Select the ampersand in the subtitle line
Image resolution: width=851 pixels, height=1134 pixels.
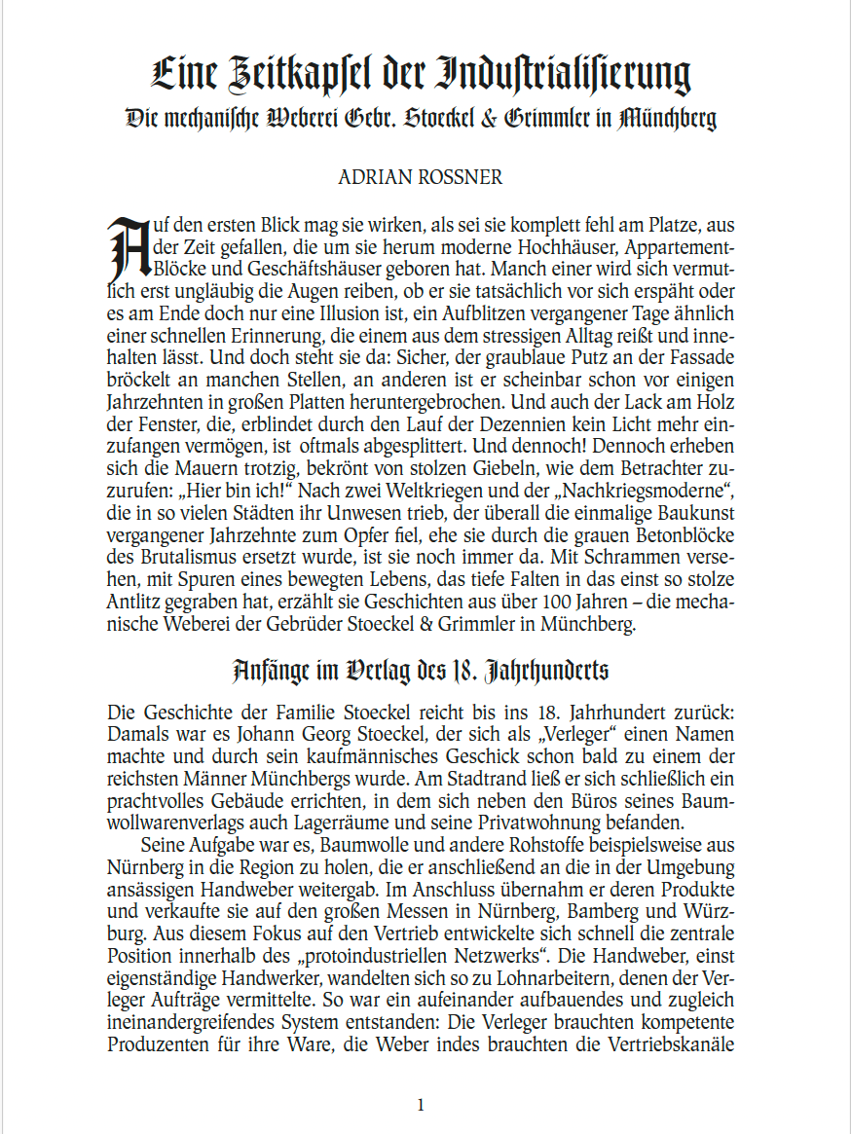click(x=489, y=119)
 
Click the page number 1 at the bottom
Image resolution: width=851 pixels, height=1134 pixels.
click(x=421, y=1104)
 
